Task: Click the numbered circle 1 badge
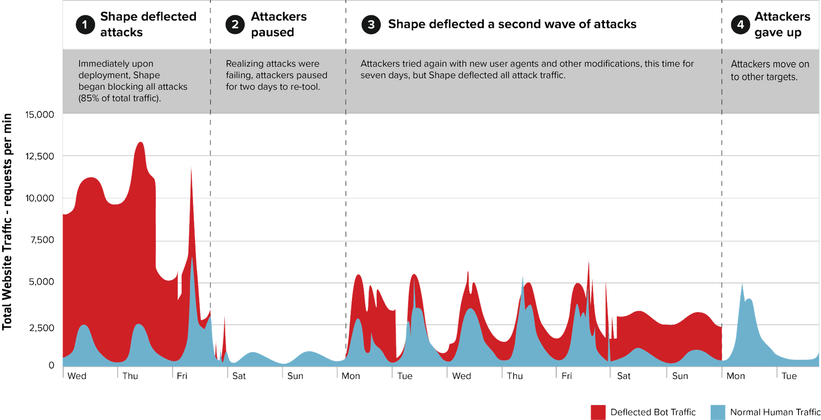85,24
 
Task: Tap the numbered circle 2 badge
235,24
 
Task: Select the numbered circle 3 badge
371,24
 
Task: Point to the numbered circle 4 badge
740,24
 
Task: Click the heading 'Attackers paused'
278,24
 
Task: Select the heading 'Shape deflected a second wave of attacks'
512,24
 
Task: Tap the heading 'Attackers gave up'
782,24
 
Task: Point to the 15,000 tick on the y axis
40,114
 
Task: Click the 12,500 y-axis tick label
40,156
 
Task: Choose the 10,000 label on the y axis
40,198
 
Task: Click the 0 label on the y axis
51,365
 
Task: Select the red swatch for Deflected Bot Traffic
598,412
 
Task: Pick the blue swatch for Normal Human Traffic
718,412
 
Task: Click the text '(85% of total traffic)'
120,98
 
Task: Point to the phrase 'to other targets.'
764,77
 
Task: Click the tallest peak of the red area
140,143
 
